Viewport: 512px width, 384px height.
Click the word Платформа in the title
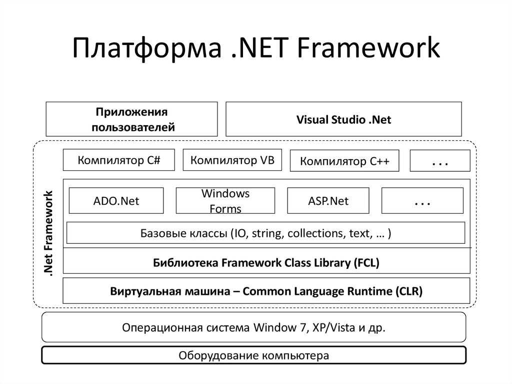coord(146,49)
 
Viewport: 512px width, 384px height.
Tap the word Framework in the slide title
coord(368,47)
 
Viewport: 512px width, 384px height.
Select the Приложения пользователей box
coord(131,119)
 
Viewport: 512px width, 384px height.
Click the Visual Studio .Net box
coord(343,119)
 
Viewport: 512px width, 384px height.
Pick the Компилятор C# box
coord(119,160)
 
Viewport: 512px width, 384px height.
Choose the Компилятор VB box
coord(232,160)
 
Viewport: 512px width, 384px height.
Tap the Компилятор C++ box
coord(344,161)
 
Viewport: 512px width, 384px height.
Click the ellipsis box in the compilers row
coord(440,161)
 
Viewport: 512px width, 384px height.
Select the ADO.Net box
coord(116,200)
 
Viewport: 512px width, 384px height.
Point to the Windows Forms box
coord(225,200)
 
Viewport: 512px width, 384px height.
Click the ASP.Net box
coord(328,200)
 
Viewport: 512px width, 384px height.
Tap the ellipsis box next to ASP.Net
coord(422,200)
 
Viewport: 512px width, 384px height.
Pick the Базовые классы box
coord(266,233)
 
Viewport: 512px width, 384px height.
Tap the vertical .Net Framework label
coord(48,233)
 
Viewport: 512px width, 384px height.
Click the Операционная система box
coord(253,327)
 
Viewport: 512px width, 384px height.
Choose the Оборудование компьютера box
coord(253,355)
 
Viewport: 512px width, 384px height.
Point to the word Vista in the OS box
coord(343,327)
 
